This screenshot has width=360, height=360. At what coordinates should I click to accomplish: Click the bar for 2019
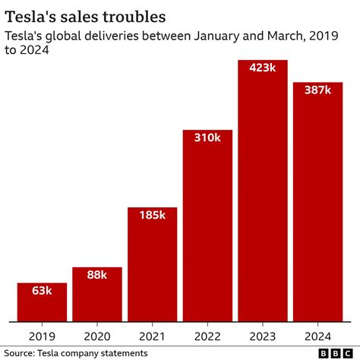[x=42, y=302]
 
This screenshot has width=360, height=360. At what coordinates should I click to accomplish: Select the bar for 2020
[x=97, y=294]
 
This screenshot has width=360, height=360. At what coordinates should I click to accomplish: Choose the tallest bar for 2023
[x=263, y=190]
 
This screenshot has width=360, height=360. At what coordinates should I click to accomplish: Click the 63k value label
[x=42, y=291]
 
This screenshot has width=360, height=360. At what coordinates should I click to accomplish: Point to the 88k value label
[x=97, y=276]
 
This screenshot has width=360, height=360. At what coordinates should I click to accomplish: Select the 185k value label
[x=152, y=216]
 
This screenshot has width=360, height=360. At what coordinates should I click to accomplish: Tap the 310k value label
[x=207, y=138]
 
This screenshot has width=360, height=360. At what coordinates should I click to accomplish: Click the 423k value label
[x=263, y=68]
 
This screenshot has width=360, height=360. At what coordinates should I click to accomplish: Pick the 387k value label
[x=317, y=90]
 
